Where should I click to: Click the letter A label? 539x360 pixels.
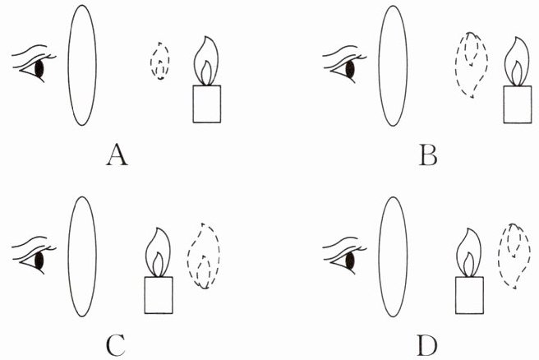(x=116, y=154)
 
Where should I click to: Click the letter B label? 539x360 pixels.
(x=426, y=154)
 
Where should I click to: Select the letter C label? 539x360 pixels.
(x=116, y=344)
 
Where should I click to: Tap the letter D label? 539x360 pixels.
(x=426, y=344)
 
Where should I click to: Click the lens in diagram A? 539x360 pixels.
(x=83, y=65)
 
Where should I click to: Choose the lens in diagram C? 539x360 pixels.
(x=82, y=256)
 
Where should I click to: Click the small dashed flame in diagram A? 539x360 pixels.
(x=161, y=62)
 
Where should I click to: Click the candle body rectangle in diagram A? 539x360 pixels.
(x=207, y=104)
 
